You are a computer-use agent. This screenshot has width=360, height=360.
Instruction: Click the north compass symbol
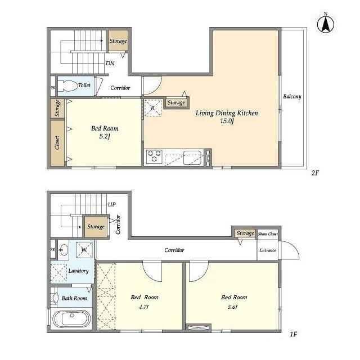(325, 23)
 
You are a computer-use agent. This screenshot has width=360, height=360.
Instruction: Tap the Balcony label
(292, 97)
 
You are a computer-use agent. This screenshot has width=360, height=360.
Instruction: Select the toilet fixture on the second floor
(69, 85)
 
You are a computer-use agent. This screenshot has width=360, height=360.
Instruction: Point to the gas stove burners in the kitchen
(154, 156)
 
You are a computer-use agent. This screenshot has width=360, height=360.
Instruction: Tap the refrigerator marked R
(152, 107)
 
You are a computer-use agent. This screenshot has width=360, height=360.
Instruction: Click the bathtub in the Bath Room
(71, 319)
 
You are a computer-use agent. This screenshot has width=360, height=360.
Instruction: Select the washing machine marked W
(83, 249)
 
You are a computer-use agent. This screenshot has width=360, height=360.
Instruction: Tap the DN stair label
(111, 64)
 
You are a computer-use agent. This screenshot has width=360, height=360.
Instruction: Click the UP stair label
(111, 204)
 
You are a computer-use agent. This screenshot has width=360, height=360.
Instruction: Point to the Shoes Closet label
(267, 233)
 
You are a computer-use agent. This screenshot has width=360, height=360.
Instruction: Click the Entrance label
(267, 250)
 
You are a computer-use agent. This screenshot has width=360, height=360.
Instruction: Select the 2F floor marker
(315, 173)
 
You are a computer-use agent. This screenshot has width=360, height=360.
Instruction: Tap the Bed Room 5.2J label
(105, 132)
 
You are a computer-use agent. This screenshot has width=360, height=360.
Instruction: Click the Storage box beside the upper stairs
(118, 41)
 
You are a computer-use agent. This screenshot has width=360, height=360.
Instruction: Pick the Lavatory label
(78, 271)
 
